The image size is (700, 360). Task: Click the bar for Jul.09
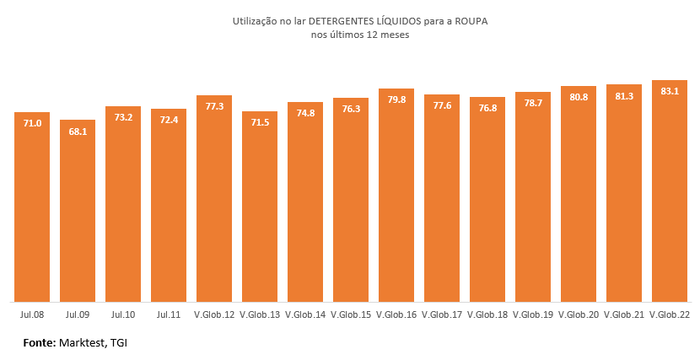(78, 211)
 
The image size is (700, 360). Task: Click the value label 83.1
(670, 91)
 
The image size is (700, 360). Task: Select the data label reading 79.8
(396, 99)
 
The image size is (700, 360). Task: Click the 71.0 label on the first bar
(32, 123)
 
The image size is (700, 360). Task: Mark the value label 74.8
(305, 113)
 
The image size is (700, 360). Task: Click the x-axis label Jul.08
(32, 314)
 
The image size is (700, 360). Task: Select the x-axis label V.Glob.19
(533, 314)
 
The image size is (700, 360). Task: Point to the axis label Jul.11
(169, 314)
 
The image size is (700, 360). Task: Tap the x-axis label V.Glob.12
(214, 314)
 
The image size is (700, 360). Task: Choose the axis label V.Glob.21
(624, 314)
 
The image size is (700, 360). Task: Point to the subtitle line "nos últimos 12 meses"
(349, 35)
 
